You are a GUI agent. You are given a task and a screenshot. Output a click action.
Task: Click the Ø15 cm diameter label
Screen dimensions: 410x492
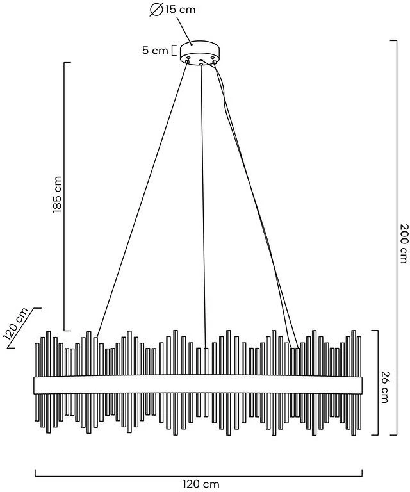(172, 10)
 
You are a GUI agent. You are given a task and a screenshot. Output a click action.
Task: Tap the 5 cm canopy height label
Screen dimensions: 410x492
(155, 50)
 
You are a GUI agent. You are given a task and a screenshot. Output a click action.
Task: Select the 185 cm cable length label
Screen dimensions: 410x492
(58, 195)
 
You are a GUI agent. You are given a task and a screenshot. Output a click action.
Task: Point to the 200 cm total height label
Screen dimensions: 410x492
(404, 243)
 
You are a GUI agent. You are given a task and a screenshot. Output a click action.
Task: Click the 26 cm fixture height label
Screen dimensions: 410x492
(385, 387)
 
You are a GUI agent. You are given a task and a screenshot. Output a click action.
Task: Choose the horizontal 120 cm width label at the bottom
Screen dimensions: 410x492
(201, 484)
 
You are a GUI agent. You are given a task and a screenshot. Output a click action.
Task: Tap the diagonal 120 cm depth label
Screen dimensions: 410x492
(15, 324)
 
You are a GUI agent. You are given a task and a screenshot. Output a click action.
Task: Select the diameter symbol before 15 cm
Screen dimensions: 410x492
(156, 10)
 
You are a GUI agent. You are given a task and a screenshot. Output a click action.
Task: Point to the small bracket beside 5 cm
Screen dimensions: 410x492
(174, 51)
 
